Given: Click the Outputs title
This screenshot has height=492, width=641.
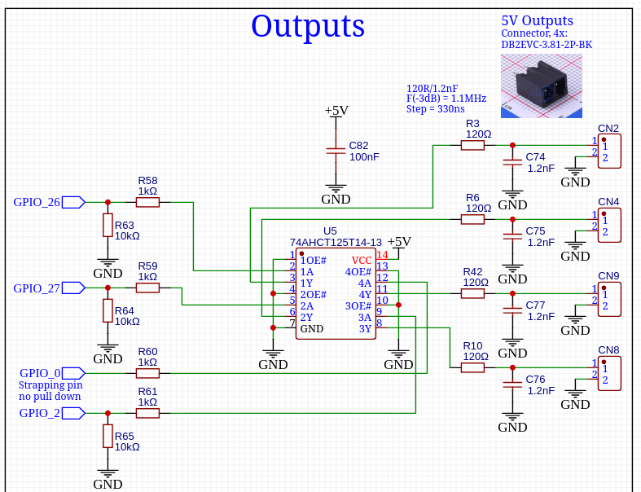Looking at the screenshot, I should (x=307, y=26).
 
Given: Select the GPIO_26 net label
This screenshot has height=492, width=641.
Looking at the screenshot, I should (x=37, y=202).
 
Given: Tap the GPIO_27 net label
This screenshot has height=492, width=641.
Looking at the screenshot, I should (x=37, y=288).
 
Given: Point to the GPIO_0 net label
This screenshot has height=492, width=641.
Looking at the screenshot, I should (x=40, y=373).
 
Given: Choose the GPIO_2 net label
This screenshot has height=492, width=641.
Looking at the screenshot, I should (x=40, y=413).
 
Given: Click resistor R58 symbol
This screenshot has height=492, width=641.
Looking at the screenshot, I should (x=147, y=202).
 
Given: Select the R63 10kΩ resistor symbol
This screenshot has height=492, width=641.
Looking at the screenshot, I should (x=108, y=225).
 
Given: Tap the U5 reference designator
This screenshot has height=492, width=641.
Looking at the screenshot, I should (x=330, y=231).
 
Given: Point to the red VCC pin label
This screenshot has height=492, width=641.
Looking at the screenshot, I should (x=362, y=261).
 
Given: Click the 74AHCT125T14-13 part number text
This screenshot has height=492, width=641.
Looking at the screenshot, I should (x=336, y=243).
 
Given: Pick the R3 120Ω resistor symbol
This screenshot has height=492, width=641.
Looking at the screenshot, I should (x=472, y=145).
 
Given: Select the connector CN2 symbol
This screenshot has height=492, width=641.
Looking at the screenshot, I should (x=609, y=152).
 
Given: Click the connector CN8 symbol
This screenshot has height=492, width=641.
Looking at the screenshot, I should (x=609, y=373).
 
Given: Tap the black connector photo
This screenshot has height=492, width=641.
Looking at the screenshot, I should (x=540, y=85).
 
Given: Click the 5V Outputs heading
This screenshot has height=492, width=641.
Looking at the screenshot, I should (x=537, y=21).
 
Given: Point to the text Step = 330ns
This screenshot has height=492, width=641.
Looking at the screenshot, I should (x=435, y=109).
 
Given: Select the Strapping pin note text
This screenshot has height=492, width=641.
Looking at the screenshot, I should (x=50, y=384).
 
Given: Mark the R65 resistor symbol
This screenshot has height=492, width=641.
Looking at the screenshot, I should (x=108, y=437).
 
